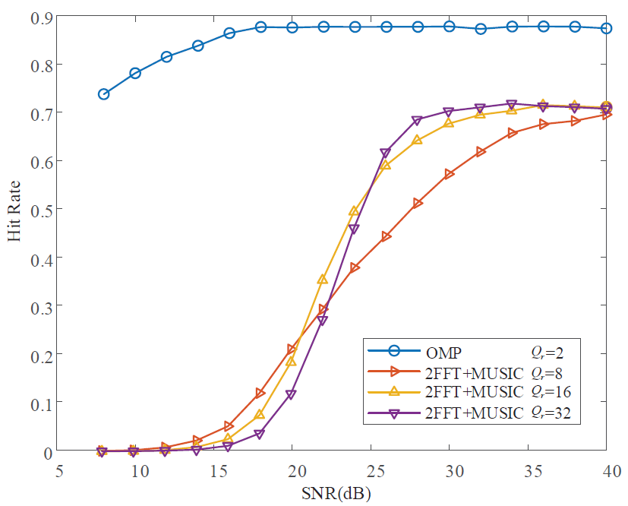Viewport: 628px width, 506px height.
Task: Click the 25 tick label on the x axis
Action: pos(371,471)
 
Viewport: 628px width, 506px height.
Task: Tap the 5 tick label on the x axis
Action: pos(60,471)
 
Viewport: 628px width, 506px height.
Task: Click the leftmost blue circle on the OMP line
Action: pos(104,94)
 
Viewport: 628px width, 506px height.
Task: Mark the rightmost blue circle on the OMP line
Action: pos(606,28)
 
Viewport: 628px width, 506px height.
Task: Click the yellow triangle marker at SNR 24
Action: pos(354,210)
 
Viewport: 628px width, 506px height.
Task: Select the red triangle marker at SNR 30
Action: pos(450,175)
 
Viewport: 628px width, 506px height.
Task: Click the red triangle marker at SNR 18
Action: pos(260,394)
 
